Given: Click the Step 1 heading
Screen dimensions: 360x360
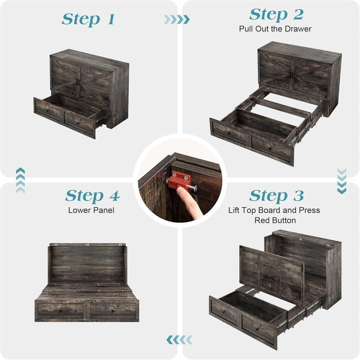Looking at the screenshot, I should coord(88,19).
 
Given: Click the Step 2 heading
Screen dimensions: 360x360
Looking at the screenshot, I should coord(276,14).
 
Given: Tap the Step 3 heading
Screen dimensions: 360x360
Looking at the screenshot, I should coord(276,196).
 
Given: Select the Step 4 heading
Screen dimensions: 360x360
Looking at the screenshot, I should coord(92,196).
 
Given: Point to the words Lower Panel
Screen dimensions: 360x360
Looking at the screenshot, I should coord(91,210).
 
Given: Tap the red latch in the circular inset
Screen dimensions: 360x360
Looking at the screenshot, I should coord(178,180).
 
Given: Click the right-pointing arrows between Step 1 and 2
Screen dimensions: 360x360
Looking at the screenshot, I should coord(176,19).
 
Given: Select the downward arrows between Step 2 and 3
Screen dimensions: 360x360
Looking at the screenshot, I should coord(341,181).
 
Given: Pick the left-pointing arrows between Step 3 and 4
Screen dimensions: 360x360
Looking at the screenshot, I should coord(179,339).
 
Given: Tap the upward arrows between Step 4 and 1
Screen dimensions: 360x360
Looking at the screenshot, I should coord(20,180).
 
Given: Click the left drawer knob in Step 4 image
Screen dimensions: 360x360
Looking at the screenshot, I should coord(60,312).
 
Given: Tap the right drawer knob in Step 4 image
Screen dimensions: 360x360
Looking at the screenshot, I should coord(113,312).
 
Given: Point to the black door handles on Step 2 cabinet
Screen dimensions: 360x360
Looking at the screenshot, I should coord(292,73).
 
